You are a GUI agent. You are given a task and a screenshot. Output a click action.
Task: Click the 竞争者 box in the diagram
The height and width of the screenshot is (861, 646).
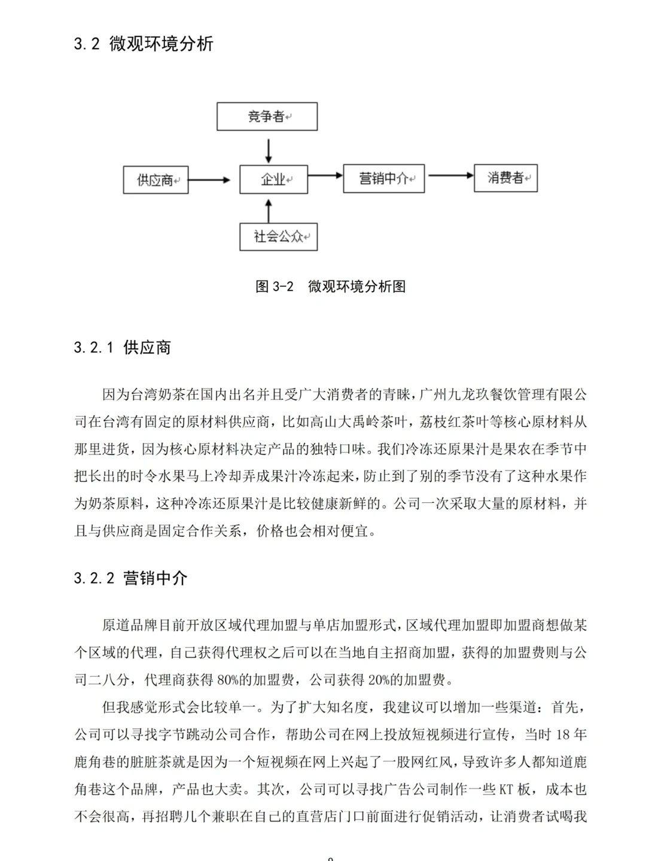pos(267,117)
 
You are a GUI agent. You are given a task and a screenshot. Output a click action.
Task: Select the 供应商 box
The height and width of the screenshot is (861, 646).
pos(156,180)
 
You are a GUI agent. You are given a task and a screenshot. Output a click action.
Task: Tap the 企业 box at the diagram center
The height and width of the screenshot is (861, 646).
pos(273,179)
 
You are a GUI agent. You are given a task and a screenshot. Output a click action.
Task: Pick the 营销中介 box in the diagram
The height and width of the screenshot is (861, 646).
pos(383,179)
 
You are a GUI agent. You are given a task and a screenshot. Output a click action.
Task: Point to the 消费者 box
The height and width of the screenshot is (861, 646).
pos(505,178)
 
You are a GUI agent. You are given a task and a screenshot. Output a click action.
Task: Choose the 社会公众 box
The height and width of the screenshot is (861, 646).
pos(278,237)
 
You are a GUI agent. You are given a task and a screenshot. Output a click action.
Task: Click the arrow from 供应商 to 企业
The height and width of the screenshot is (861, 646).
pos(210,179)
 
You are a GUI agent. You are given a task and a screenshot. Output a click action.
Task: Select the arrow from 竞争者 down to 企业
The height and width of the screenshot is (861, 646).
pos(269,150)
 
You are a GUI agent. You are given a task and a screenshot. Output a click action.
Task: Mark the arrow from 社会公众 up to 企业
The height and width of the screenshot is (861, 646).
pos(269,210)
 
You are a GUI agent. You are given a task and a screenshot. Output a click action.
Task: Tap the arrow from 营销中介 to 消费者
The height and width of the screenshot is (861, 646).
pos(450,176)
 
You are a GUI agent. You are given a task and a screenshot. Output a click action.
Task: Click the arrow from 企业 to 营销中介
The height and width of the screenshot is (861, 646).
pos(326,176)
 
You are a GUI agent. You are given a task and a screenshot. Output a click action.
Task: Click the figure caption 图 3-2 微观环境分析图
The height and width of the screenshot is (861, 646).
pos(331,286)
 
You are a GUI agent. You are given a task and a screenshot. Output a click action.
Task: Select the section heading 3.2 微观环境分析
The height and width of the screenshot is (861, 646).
pos(144,44)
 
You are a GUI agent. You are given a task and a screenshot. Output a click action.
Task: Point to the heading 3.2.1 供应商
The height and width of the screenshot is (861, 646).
pos(123,347)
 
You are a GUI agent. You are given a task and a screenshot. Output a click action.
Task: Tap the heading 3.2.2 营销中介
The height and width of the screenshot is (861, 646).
pos(131,578)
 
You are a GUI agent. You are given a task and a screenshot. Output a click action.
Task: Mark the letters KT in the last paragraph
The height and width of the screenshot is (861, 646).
pos(507,790)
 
